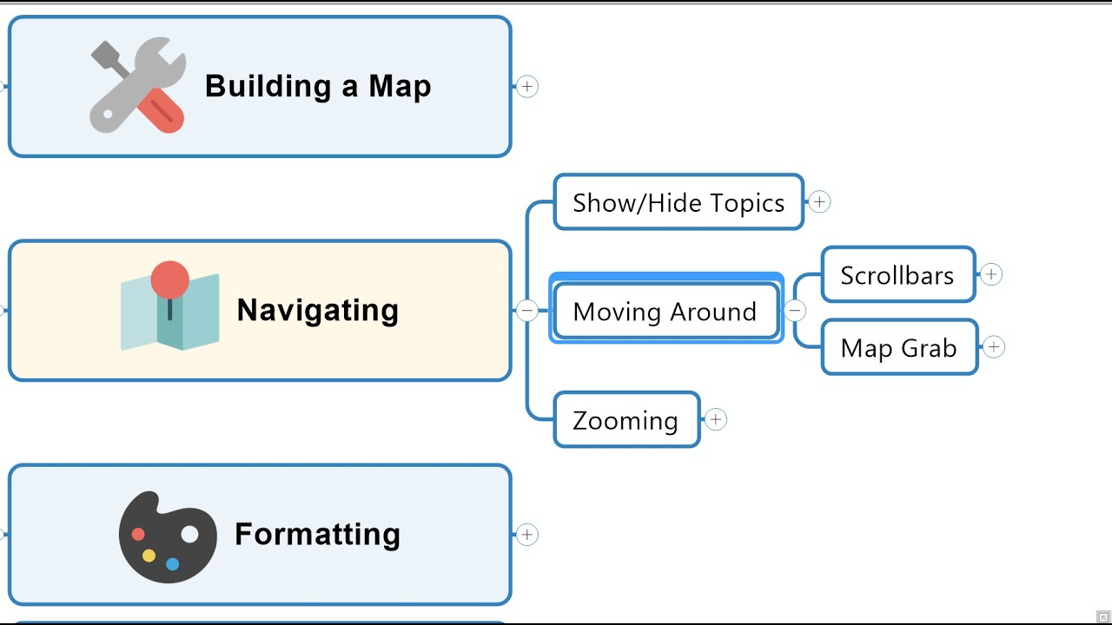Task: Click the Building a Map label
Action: coord(318,87)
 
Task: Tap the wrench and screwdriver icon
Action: coord(138,86)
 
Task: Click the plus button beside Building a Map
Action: coord(527,86)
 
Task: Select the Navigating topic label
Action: coord(317,310)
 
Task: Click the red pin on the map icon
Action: coord(169,280)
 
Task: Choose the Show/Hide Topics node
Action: coord(678,202)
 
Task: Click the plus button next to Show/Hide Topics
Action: coord(819,202)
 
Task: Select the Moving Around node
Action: coord(665,311)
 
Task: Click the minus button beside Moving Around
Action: coord(795,311)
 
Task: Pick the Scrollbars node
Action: coord(897,275)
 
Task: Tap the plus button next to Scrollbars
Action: coord(991,275)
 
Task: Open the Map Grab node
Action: coord(899,347)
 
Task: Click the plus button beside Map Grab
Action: coord(994,347)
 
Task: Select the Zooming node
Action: coord(625,420)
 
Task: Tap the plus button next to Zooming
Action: coord(715,420)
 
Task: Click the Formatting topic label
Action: coord(317,534)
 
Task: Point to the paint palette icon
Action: coord(168,537)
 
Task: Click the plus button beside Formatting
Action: coord(527,535)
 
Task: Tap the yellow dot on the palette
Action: coord(149,556)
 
